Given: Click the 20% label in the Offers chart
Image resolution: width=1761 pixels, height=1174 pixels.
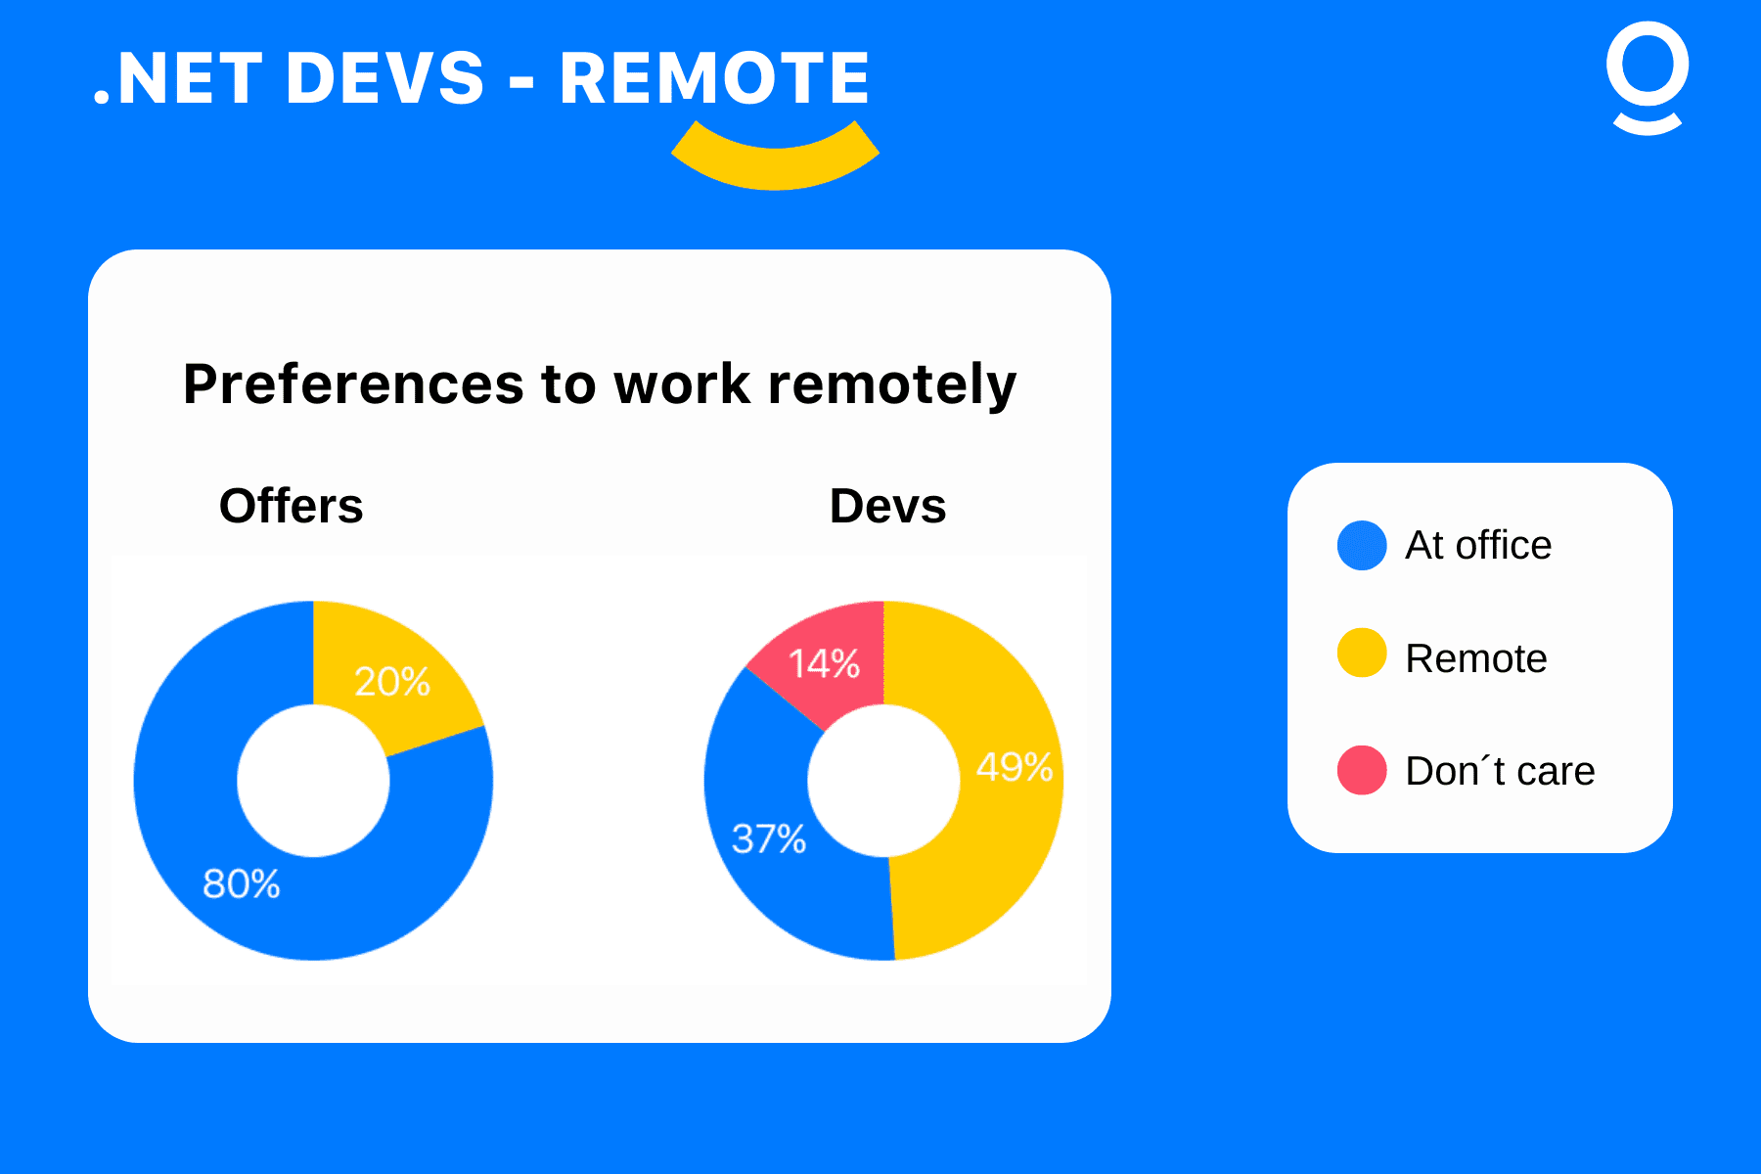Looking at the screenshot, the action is (x=391, y=681).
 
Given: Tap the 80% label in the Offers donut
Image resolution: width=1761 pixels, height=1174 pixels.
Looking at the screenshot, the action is (x=241, y=883).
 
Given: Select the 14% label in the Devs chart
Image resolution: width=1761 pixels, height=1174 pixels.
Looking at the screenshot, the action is (x=824, y=663).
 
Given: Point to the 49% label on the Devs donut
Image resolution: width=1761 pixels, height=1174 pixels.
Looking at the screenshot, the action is (x=1015, y=766).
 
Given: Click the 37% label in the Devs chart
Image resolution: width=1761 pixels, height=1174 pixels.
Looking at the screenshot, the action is (x=769, y=838).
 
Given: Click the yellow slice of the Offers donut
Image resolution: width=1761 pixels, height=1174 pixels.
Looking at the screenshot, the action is (x=391, y=675).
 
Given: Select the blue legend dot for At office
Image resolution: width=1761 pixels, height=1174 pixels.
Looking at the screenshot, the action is (x=1362, y=545).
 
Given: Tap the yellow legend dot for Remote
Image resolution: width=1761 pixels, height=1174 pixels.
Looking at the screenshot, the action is (x=1362, y=653).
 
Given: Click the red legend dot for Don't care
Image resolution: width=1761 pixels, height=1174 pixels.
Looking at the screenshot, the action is (x=1362, y=770).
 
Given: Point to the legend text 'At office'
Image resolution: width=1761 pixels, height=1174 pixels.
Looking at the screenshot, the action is (x=1478, y=545).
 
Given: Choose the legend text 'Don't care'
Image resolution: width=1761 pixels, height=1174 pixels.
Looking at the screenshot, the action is (x=1500, y=771).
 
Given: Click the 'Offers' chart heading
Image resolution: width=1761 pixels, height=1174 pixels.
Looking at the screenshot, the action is (x=292, y=506).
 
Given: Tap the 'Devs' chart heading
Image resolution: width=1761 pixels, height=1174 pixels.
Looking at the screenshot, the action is (x=888, y=506).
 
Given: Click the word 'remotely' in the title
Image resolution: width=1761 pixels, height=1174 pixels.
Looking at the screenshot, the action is (x=892, y=384).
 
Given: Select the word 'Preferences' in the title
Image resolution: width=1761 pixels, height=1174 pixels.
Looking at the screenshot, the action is (x=353, y=384).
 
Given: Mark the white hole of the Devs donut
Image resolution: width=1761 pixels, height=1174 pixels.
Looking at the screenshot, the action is (x=883, y=781).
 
